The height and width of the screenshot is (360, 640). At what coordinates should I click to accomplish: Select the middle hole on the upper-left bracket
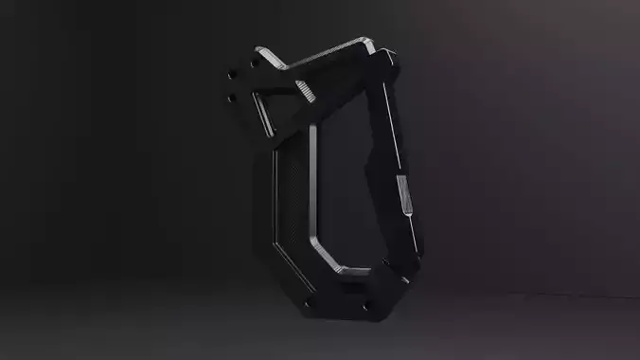231,76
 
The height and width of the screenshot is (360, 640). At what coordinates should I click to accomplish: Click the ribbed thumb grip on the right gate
404,197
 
